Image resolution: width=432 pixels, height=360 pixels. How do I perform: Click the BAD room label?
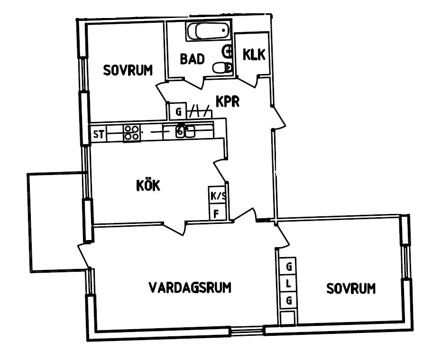193,59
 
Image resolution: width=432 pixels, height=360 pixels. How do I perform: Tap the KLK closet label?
254,54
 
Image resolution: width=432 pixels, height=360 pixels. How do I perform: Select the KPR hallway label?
228,101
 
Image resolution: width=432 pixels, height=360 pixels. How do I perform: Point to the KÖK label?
148,185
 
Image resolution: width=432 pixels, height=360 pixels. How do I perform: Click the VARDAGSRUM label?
190,287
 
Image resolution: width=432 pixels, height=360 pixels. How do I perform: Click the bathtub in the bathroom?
209,31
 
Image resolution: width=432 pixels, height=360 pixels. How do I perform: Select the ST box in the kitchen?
99,134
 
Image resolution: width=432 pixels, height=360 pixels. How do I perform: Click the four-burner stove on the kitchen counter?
131,133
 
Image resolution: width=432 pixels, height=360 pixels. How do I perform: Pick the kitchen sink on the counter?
185,131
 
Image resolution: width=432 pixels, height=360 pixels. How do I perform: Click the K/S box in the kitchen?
217,195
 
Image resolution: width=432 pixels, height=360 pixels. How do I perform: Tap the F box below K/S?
218,212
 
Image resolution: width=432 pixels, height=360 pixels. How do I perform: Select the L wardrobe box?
288,283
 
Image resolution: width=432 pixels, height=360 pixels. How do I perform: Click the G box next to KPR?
178,111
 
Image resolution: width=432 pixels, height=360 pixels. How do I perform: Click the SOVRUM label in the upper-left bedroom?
128,70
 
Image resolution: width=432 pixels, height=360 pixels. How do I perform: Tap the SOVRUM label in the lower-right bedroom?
351,288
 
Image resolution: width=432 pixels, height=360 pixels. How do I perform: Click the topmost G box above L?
288,266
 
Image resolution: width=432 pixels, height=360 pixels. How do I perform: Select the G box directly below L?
288,300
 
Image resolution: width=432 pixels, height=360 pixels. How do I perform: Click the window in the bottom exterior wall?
247,331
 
